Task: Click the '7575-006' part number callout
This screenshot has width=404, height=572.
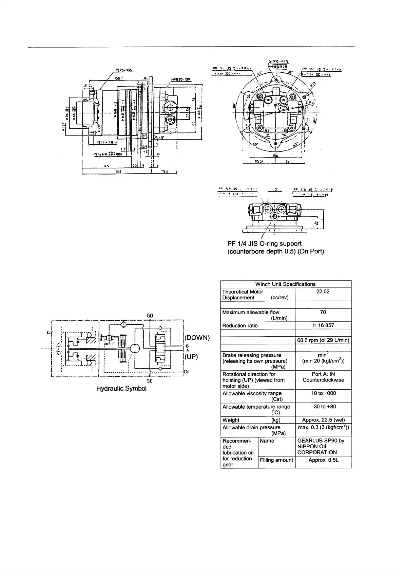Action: [123, 70]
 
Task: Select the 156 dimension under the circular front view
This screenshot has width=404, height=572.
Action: [275, 156]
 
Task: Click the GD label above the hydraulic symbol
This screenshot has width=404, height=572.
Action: [150, 316]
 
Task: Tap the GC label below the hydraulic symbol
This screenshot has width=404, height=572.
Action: [150, 381]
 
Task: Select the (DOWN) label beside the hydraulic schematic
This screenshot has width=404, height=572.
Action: [197, 338]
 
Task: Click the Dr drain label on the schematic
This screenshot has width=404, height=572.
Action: [187, 372]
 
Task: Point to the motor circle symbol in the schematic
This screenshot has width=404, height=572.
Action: [135, 348]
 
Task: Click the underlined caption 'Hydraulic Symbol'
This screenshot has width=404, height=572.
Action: [121, 388]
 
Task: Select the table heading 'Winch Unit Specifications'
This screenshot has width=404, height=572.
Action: [285, 284]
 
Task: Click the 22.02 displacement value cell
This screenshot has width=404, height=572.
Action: [323, 291]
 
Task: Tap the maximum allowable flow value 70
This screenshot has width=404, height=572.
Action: [323, 312]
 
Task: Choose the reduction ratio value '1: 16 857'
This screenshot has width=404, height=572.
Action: [323, 325]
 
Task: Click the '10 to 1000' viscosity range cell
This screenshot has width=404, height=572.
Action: [323, 393]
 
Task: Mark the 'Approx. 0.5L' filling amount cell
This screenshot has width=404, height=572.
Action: [323, 460]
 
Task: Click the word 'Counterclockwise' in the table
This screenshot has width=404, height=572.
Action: [323, 380]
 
